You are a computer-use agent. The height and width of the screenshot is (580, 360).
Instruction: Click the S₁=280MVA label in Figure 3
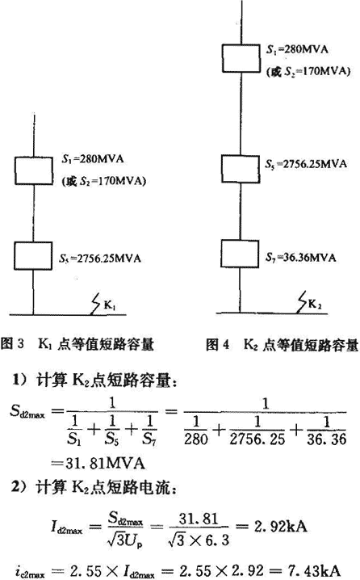click(92, 159)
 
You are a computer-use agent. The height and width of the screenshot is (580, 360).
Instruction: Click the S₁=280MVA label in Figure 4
click(297, 50)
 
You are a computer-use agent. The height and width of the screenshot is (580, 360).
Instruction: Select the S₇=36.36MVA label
click(300, 257)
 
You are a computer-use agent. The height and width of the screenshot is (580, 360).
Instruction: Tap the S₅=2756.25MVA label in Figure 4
click(306, 164)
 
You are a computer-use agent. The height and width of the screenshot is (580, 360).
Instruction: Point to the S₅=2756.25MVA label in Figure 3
click(100, 258)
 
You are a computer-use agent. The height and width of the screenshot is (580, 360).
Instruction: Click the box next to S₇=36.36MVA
click(240, 254)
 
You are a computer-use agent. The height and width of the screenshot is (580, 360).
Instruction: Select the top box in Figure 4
click(241, 58)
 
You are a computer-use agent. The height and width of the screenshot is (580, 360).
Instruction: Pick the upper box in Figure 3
click(34, 170)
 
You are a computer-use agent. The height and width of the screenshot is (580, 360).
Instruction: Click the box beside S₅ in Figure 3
click(33, 255)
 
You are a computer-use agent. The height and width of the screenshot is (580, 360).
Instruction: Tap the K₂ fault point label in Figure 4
click(315, 304)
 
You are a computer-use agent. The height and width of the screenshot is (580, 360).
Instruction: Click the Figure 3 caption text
click(77, 344)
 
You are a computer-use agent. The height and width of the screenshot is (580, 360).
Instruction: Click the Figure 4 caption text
click(283, 345)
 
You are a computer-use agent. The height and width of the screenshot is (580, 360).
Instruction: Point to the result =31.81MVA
click(98, 463)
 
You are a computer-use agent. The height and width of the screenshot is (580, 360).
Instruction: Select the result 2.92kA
click(281, 526)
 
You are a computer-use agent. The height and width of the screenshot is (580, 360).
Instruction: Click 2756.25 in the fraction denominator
click(257, 439)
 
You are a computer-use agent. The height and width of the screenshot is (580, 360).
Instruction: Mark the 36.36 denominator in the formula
click(327, 439)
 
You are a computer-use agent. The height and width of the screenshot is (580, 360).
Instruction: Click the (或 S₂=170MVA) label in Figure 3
click(104, 182)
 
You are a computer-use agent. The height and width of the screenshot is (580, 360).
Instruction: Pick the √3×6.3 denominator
click(199, 540)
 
